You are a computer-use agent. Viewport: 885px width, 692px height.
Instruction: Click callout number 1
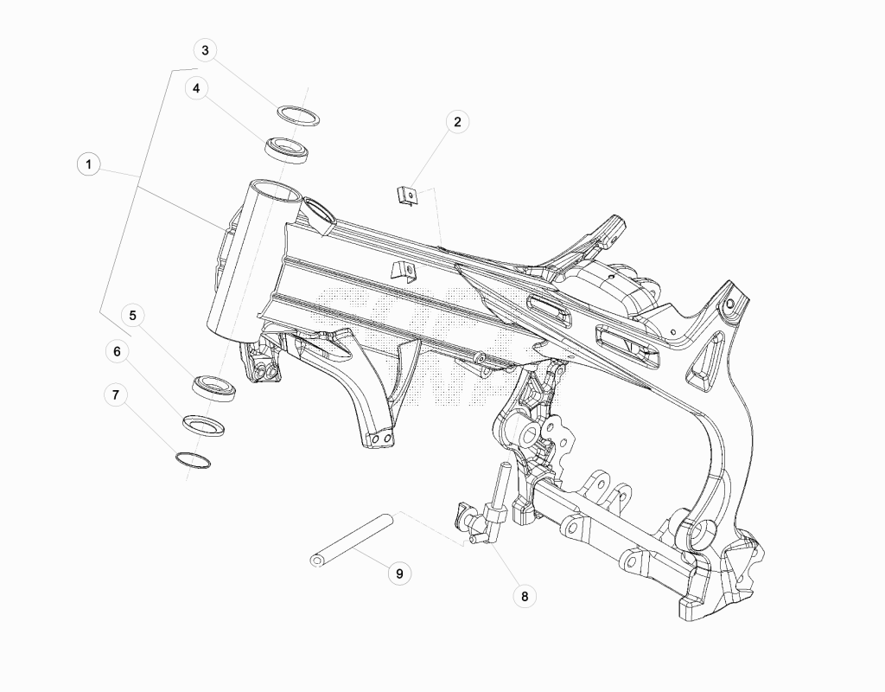[88, 165]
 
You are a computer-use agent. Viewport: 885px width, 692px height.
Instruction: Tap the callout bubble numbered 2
[457, 121]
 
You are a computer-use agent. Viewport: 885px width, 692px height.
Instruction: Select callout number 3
[205, 50]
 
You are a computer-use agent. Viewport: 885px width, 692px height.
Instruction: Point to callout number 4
[196, 89]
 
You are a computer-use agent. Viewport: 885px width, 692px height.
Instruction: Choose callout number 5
[132, 315]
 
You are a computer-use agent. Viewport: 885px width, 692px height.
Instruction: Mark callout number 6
[117, 351]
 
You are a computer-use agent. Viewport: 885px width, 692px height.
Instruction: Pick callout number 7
[116, 394]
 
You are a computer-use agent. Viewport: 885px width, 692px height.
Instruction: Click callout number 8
[525, 596]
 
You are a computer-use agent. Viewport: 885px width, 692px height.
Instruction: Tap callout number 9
[399, 573]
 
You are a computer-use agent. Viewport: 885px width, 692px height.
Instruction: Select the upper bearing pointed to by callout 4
[287, 150]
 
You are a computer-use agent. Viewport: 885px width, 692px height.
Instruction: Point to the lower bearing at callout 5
[214, 388]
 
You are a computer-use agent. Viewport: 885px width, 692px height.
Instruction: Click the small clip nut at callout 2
[407, 196]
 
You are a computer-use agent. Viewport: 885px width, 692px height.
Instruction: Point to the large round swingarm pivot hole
[704, 534]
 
